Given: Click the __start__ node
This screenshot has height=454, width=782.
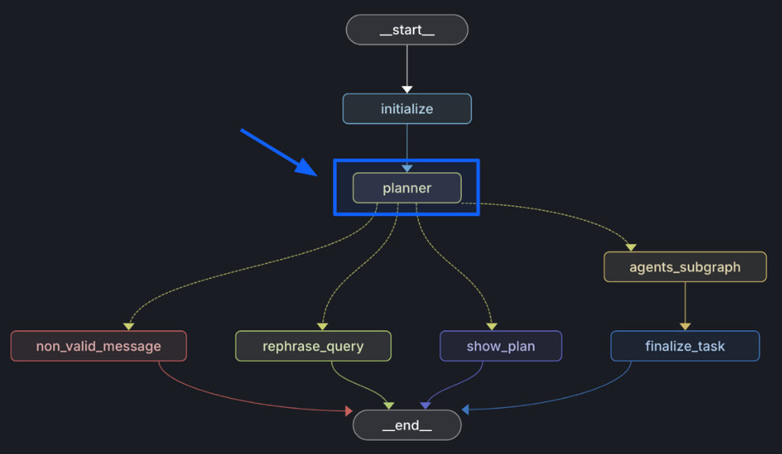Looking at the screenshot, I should (407, 30).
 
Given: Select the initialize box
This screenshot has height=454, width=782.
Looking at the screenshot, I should (407, 109).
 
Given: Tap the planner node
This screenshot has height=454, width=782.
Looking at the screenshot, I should (407, 188).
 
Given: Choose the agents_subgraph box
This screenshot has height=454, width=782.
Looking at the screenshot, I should (685, 267).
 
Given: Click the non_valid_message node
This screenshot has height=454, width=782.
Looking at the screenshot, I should (98, 346).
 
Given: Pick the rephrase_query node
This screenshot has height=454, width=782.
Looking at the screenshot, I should (313, 346).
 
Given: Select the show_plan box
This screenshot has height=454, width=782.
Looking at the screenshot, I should (500, 346).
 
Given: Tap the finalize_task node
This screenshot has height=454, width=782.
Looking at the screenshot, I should (685, 346).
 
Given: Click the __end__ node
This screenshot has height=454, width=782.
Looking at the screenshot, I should (407, 426).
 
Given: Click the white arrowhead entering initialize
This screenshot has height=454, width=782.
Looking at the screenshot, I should (407, 90).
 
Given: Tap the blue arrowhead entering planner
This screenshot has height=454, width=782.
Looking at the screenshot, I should (407, 168).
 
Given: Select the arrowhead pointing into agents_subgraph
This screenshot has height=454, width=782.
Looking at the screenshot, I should (631, 247).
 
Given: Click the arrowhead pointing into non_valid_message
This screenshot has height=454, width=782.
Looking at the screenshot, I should (129, 326).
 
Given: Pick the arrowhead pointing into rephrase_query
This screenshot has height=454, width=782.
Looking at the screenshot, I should (322, 326).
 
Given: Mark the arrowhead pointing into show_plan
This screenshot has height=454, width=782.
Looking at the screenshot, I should (491, 326).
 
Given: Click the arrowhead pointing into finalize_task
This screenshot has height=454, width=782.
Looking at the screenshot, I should (685, 326).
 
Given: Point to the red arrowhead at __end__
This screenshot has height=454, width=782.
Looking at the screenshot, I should (349, 411).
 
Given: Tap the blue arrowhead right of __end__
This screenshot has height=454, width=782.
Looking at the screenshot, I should (465, 410).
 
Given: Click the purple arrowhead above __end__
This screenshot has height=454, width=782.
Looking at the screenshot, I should (424, 405).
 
